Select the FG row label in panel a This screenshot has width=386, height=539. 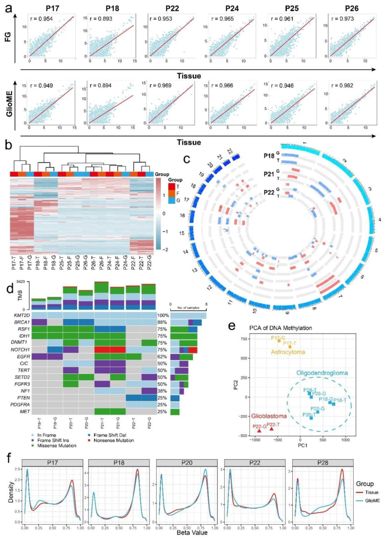(8, 36)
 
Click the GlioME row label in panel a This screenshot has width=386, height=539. (9, 104)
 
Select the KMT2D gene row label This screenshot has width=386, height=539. (22, 315)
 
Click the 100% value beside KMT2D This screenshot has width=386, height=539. (163, 315)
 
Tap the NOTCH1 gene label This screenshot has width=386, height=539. (20, 350)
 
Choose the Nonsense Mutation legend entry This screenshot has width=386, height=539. (114, 440)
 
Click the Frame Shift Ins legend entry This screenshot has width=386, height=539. (53, 440)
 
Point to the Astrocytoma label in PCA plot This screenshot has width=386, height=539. (288, 352)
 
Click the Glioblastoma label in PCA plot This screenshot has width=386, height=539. (269, 416)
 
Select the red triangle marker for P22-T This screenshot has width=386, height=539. (272, 429)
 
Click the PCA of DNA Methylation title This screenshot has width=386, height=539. (281, 328)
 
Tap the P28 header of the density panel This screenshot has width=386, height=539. (322, 463)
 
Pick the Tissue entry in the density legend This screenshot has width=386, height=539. (371, 492)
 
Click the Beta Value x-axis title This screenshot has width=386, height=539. (192, 533)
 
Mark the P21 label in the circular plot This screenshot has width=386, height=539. (269, 174)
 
